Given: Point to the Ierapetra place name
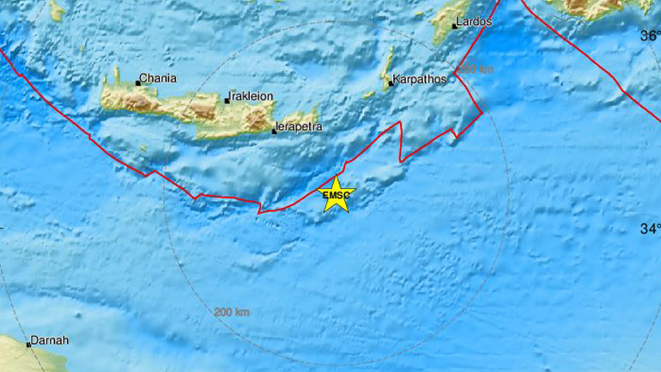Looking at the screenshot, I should pyautogui.click(x=300, y=128).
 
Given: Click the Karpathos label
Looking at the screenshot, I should pyautogui.click(x=421, y=82).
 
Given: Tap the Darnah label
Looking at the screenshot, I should pyautogui.click(x=48, y=340).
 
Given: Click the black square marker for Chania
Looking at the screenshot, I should pyautogui.click(x=138, y=83).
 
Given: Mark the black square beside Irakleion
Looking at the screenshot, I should pyautogui.click(x=229, y=100).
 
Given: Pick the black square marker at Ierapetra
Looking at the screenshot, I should pyautogui.click(x=274, y=131).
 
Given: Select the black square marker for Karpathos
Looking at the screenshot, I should pyautogui.click(x=391, y=83).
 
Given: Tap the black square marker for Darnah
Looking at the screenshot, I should pyautogui.click(x=29, y=345).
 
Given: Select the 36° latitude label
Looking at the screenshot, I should pyautogui.click(x=651, y=36).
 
